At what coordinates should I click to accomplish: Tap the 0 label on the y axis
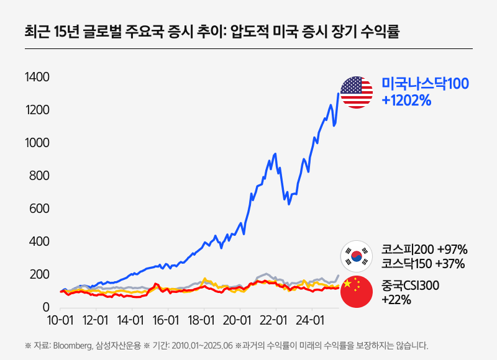(45, 307)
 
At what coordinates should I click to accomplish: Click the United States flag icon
(357, 92)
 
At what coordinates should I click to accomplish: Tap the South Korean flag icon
(357, 256)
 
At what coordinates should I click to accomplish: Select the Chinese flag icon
(357, 292)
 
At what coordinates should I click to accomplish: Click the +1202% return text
(407, 100)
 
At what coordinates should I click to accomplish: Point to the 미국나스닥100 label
(426, 84)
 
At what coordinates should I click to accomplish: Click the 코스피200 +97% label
(424, 250)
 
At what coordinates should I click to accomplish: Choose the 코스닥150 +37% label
(423, 264)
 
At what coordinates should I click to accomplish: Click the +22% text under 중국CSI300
(396, 300)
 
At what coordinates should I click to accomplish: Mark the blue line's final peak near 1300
(338, 94)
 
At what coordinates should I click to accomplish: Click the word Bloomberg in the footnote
(73, 346)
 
